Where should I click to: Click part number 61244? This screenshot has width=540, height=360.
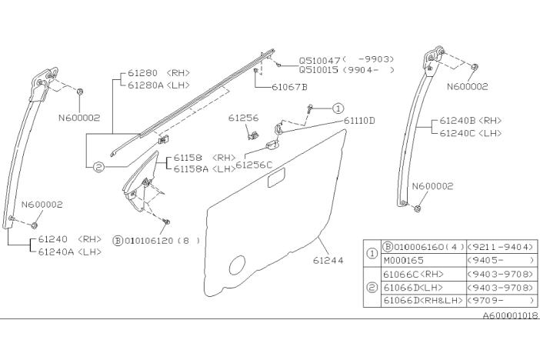coord(327,261)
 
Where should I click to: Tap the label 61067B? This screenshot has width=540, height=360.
coord(289,87)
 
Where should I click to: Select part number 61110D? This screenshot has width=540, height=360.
coord(359,121)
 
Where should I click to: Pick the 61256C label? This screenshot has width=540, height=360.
coord(254,164)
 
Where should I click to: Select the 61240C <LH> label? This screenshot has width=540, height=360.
coord(471,132)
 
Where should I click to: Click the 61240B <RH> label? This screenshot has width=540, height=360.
coord(471,121)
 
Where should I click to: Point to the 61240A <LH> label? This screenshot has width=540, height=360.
coord(69,251)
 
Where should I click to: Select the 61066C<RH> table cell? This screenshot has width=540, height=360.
coord(415,273)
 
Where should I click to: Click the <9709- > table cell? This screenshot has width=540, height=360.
coord(501,299)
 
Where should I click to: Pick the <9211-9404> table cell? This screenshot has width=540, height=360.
coord(501,247)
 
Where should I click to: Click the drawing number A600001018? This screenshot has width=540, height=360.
coord(510,315)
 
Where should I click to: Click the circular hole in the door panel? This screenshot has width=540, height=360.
coord(238,265)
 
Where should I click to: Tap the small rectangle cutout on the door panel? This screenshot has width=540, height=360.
coord(275,182)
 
